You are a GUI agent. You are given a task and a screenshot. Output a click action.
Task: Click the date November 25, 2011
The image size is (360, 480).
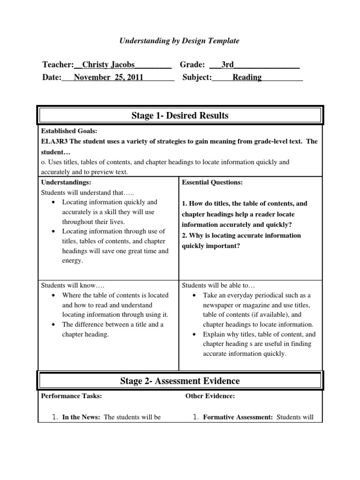click(109, 77)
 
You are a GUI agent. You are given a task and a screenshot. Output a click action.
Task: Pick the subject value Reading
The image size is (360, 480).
click(247, 77)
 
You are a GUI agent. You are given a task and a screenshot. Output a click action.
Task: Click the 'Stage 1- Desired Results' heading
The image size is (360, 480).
click(180, 115)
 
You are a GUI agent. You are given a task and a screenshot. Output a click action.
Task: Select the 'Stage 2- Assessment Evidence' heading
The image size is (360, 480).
click(180, 381)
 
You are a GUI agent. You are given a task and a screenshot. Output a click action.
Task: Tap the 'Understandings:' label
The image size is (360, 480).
click(66, 182)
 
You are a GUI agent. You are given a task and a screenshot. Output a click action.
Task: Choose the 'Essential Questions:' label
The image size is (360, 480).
click(212, 182)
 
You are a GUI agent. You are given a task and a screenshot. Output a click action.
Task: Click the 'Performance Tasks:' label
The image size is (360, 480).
click(71, 396)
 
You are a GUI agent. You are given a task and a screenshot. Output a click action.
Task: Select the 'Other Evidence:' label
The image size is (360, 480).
click(210, 396)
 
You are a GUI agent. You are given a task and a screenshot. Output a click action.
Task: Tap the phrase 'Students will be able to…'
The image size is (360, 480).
click(218, 285)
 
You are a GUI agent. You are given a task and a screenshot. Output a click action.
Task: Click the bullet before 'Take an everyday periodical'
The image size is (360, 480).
click(194, 296)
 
